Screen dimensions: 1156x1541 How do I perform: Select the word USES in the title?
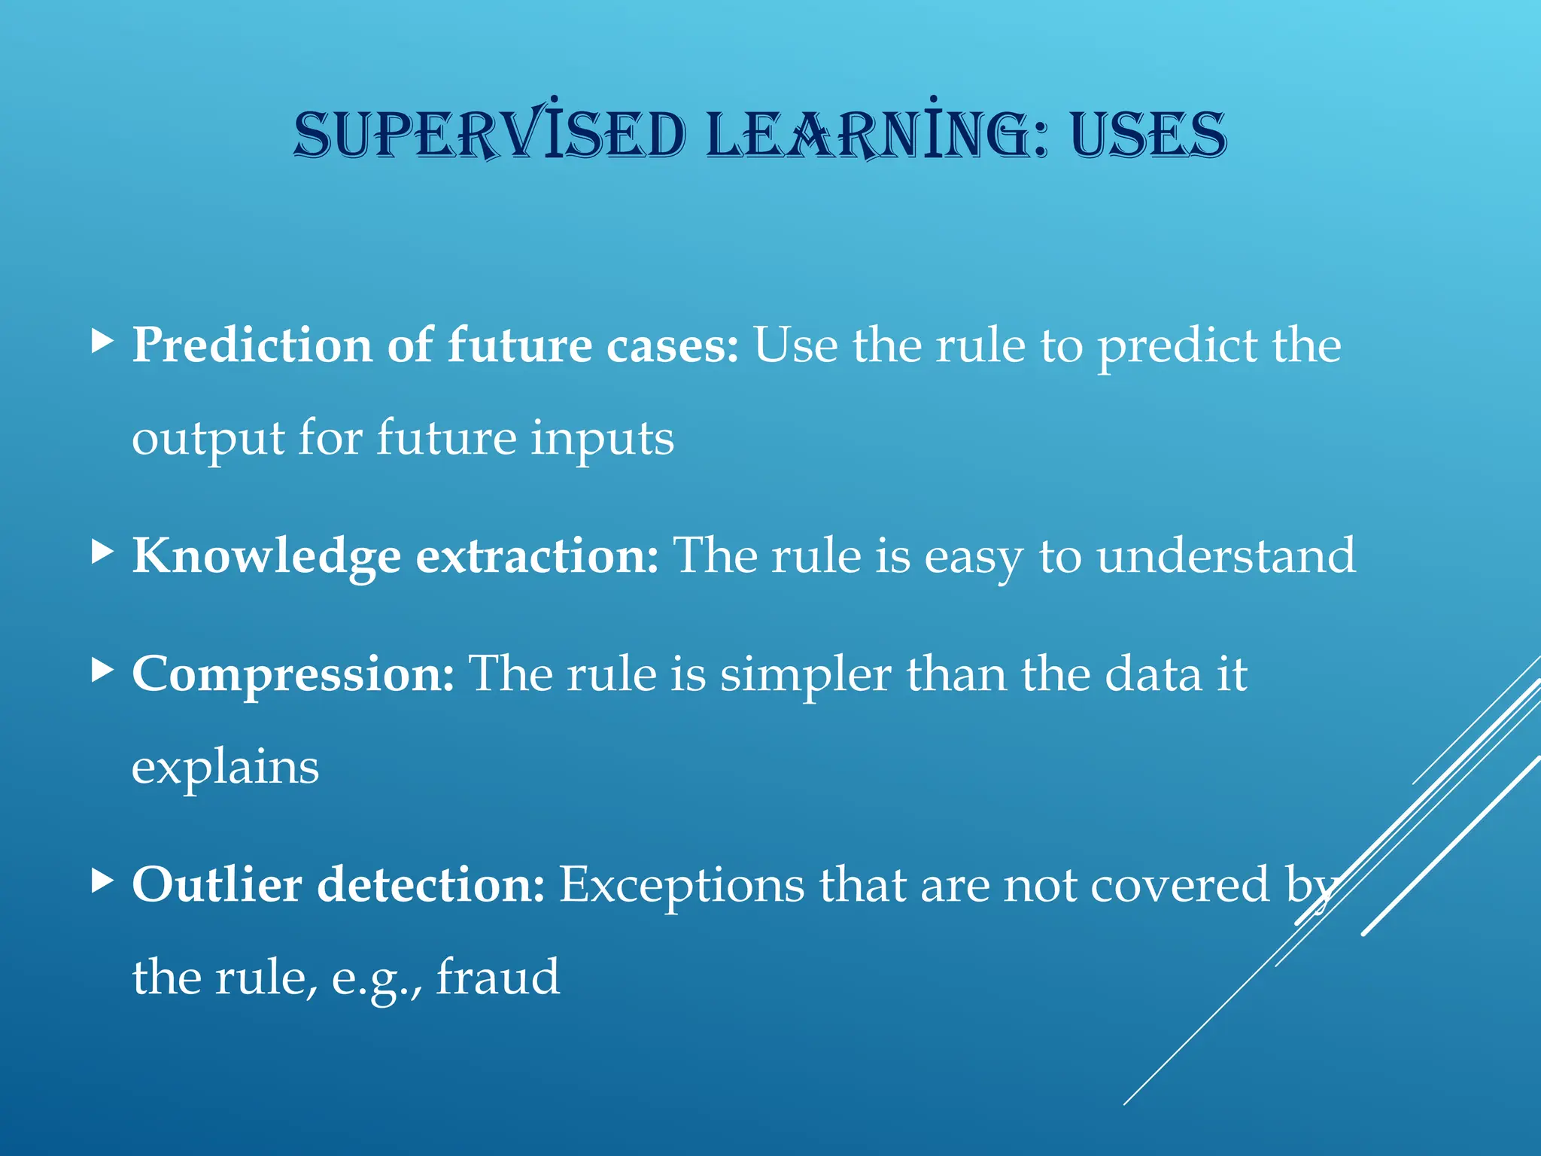click(x=1148, y=135)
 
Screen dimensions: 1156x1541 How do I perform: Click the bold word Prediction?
click(x=252, y=346)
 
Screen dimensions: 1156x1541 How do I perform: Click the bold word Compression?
click(x=293, y=674)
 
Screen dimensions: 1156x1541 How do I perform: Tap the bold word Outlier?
click(x=217, y=885)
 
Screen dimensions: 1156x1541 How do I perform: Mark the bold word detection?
click(x=430, y=885)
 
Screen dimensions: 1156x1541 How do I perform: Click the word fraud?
click(x=498, y=978)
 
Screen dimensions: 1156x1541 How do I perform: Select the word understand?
click(x=1226, y=557)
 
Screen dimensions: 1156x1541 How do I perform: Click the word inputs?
click(x=602, y=440)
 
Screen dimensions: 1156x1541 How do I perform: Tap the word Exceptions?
click(x=682, y=885)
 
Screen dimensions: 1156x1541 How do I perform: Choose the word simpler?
click(x=805, y=674)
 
